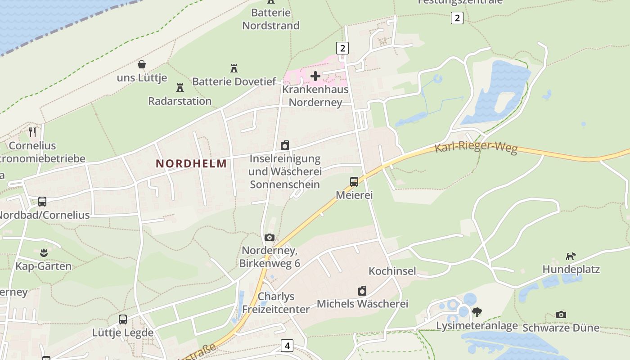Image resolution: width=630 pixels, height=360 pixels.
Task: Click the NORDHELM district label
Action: click(191, 164)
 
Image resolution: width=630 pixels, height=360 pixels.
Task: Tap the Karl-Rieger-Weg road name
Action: click(476, 148)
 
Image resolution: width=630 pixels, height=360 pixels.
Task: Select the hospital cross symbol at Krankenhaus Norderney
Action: click(315, 76)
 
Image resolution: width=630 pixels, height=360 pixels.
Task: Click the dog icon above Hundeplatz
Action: click(571, 256)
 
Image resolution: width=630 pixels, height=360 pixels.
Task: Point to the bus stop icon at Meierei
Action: click(354, 182)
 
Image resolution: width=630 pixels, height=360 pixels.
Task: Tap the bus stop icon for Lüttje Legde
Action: click(123, 319)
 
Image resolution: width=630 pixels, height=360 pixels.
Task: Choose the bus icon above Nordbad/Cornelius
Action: click(42, 202)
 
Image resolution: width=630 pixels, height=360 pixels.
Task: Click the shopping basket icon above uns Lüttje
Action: click(142, 65)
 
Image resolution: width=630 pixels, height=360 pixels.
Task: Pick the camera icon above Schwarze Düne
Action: click(561, 315)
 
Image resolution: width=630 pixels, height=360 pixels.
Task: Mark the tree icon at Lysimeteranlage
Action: click(477, 312)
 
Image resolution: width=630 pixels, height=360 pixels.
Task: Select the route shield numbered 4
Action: click(287, 346)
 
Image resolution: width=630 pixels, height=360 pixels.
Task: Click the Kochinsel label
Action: click(392, 271)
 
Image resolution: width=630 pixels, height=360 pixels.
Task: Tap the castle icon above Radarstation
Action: click(180, 87)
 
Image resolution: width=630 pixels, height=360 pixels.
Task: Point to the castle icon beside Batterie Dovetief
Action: click(234, 68)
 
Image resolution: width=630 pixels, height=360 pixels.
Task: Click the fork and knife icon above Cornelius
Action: click(32, 132)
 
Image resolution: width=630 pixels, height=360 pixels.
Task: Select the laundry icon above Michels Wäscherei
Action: click(362, 291)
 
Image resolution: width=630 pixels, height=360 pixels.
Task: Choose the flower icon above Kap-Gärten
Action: click(44, 252)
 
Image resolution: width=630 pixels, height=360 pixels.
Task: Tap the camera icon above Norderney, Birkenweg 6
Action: click(270, 237)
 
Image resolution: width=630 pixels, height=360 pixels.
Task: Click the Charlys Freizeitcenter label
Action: click(276, 303)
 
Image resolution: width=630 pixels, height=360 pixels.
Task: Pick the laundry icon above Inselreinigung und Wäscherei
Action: click(285, 145)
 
